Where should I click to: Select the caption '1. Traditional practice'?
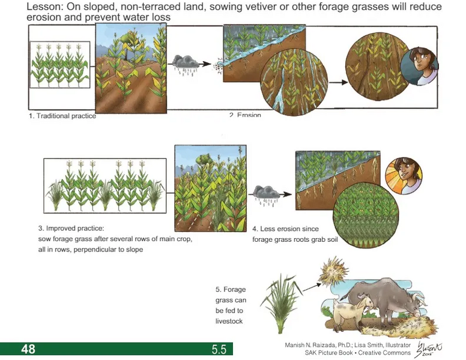coord(62,116)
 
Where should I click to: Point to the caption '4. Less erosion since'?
coord(285,229)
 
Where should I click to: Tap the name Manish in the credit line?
coord(298,345)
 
